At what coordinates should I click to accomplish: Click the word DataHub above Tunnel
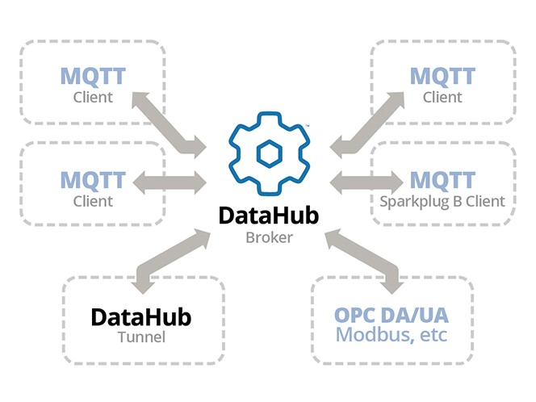tap(140, 316)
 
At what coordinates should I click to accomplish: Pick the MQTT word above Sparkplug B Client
tap(442, 179)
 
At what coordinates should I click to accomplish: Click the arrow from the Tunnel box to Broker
tap(170, 259)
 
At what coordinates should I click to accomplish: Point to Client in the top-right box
tap(443, 98)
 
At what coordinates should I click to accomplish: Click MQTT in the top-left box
tap(93, 77)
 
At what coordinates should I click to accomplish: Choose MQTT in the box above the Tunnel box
tap(93, 179)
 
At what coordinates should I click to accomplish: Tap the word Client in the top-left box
tap(93, 98)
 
